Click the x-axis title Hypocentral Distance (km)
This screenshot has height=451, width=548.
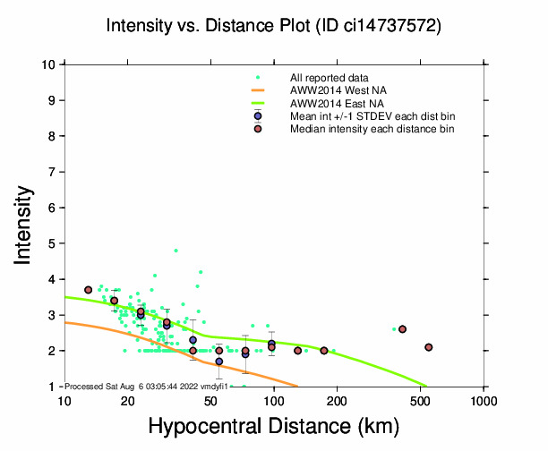coord(274,427)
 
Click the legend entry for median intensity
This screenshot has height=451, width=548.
coord(372,129)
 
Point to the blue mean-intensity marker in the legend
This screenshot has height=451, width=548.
coord(258,116)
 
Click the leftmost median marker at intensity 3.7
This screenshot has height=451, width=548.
coord(89,290)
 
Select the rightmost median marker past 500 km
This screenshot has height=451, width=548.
coord(429,347)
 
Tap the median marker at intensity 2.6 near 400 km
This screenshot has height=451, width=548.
coord(403,329)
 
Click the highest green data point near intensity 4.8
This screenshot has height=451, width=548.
coord(176,251)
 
